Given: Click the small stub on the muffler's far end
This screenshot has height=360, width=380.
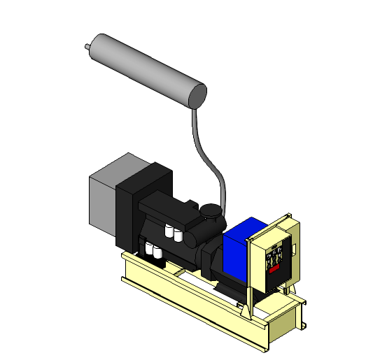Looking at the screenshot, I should pyautogui.click(x=86, y=48).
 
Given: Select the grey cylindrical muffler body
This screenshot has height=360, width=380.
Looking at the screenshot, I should pyautogui.click(x=143, y=69).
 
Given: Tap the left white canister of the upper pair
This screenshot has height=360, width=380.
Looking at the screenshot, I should pyautogui.click(x=169, y=232).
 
